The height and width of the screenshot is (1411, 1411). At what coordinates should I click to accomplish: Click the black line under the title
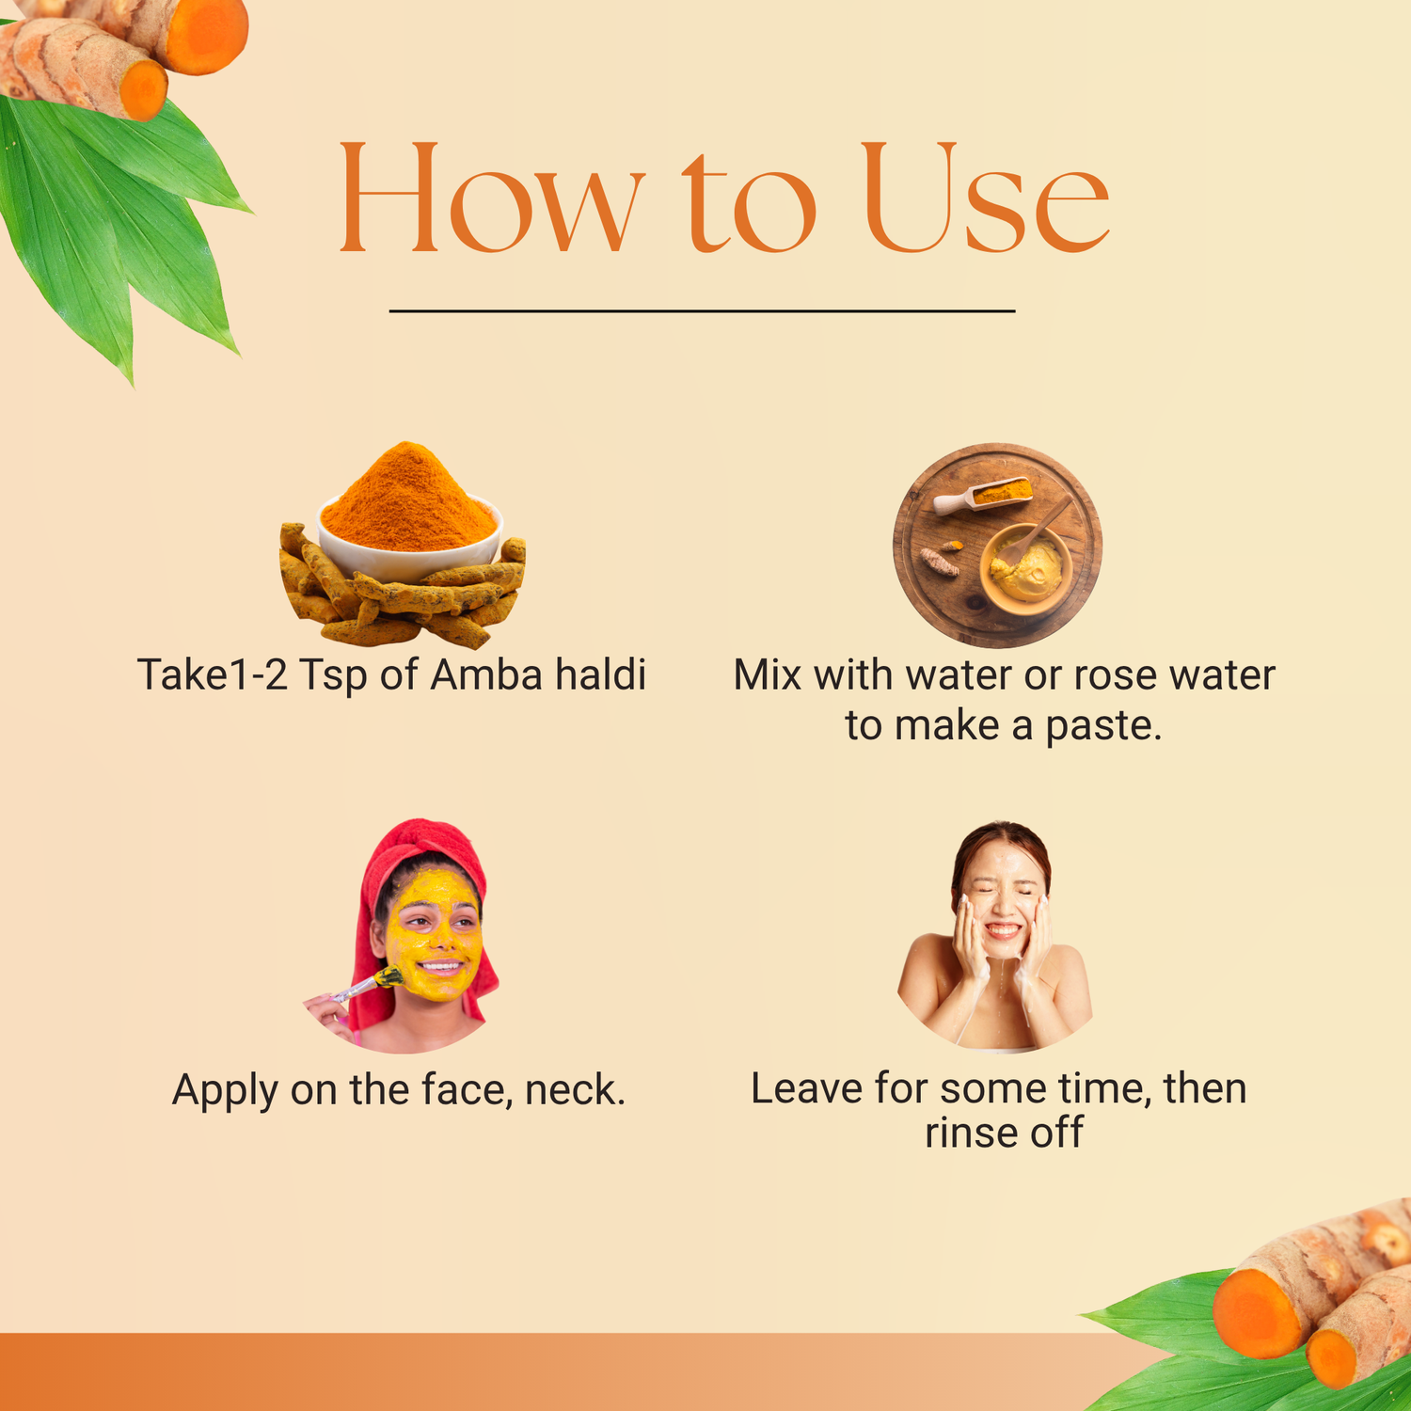tap(702, 310)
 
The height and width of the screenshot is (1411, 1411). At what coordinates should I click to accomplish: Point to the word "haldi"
tap(600, 674)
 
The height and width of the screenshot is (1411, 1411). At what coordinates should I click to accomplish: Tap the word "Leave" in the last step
tap(806, 1088)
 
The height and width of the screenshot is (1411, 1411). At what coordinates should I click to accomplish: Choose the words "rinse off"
tap(1004, 1133)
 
